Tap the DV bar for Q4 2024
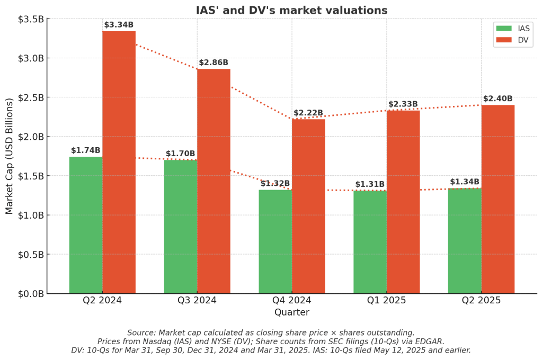point(308,206)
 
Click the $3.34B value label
point(119,25)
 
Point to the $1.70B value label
point(181,154)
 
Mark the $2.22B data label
point(308,113)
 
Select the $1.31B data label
point(370,184)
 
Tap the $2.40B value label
point(497,99)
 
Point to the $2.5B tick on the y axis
point(30,97)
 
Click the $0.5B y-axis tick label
point(30,254)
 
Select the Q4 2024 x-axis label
point(292,300)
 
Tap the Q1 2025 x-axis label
point(386,300)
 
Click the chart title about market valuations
point(291,11)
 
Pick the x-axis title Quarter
point(291,312)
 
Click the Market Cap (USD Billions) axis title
point(10,156)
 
